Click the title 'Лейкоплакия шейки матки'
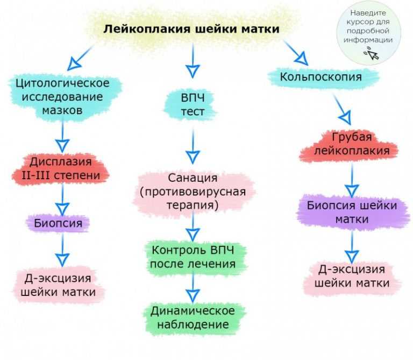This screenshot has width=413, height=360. pyautogui.click(x=191, y=29)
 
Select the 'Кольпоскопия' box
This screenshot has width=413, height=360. pyautogui.click(x=323, y=77)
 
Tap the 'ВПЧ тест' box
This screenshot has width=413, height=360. pyautogui.click(x=190, y=104)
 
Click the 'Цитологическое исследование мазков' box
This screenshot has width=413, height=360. pyautogui.click(x=65, y=97)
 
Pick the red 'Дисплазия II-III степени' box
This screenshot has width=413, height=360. pyautogui.click(x=61, y=168)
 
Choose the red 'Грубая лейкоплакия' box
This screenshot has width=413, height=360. pyautogui.click(x=348, y=144)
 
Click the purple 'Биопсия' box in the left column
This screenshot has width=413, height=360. pyautogui.click(x=58, y=223)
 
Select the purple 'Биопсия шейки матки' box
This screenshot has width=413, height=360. pyautogui.click(x=352, y=213)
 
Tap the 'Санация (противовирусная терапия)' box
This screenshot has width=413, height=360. pyautogui.click(x=194, y=192)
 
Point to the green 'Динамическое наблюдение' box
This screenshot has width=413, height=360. pyautogui.click(x=194, y=318)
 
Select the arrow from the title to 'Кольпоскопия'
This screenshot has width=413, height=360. pyautogui.click(x=296, y=52)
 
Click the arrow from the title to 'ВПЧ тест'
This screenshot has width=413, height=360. pyautogui.click(x=193, y=61)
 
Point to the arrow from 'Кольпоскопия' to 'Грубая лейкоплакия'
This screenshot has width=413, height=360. pyautogui.click(x=343, y=110)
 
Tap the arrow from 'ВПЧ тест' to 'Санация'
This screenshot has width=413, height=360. pyautogui.click(x=193, y=146)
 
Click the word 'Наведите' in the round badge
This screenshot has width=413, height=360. pyautogui.click(x=368, y=13)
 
